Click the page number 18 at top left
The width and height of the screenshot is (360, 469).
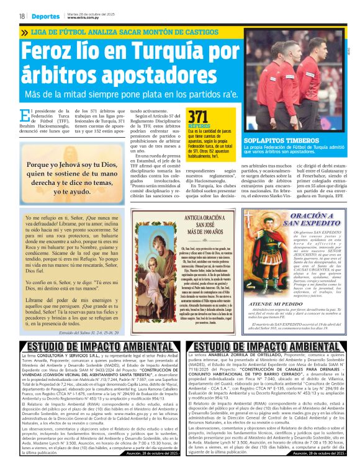(22, 16)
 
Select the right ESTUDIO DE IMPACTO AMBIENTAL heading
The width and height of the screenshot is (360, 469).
(269, 346)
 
